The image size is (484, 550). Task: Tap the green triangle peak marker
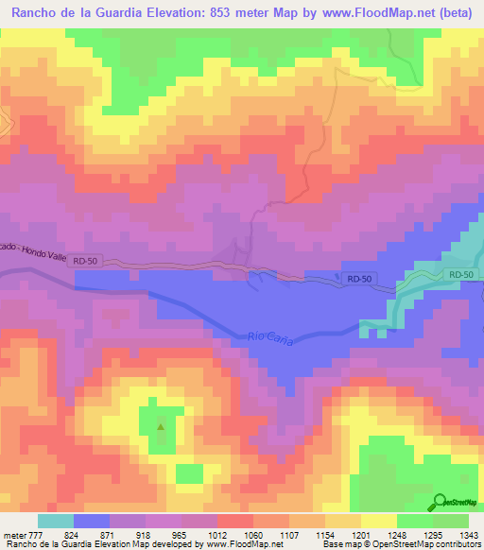(x=160, y=426)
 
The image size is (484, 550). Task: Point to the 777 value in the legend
(x=36, y=534)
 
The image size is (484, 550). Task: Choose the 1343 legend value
(x=468, y=534)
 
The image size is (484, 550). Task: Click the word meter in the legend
(x=12, y=534)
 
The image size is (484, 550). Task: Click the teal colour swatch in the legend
(x=55, y=521)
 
